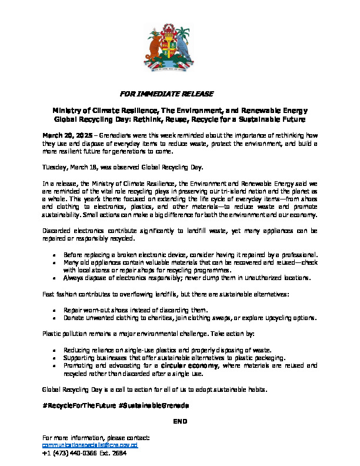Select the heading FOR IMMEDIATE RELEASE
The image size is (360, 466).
(166, 94)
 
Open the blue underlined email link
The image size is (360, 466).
(90, 446)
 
